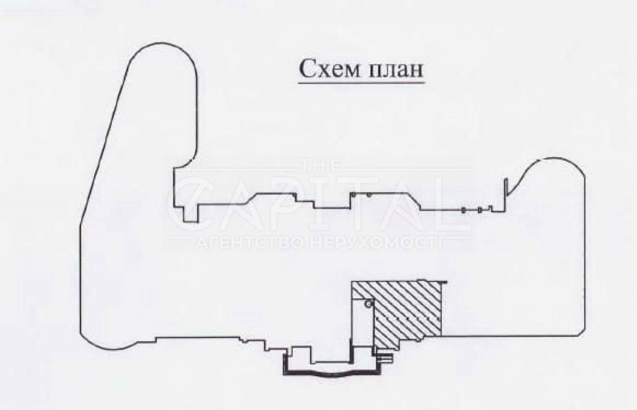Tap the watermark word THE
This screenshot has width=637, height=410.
321,165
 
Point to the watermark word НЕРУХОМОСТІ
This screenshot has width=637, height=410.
376,243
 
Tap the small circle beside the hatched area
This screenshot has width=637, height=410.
368,304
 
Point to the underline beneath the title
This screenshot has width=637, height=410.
362,83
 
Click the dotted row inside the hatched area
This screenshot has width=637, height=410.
408,319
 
